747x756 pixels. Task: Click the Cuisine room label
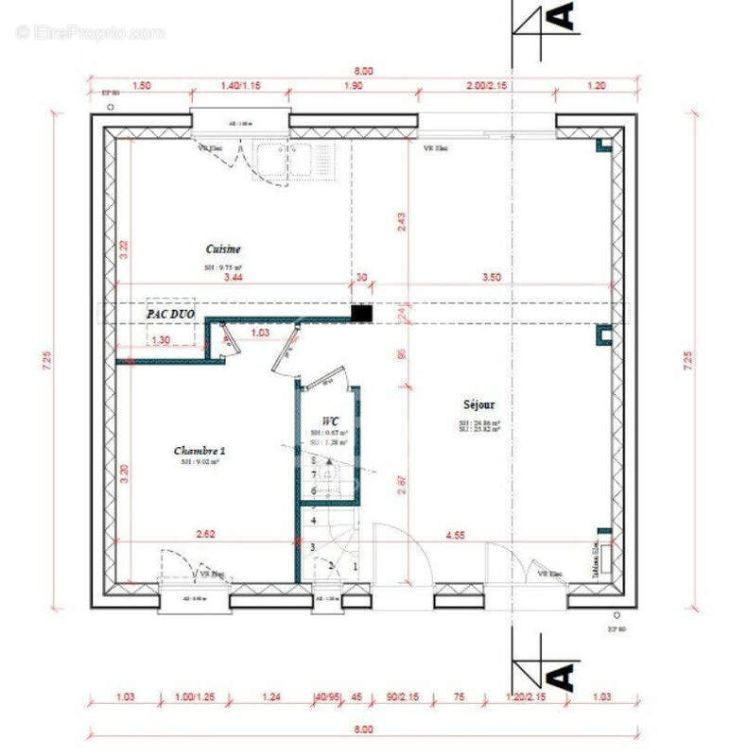[x=223, y=249]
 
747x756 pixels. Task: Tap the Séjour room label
[x=479, y=404]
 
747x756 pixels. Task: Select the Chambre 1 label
[x=200, y=451]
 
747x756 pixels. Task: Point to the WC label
[x=330, y=420]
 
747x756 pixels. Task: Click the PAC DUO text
[x=170, y=311]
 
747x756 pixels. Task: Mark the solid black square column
[x=361, y=313]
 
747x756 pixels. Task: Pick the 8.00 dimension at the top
[x=364, y=71]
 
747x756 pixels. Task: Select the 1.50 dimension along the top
[x=141, y=85]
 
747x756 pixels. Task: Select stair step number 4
[x=312, y=521]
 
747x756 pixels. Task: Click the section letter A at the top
[x=562, y=16]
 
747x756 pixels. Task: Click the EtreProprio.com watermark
[x=90, y=32]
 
